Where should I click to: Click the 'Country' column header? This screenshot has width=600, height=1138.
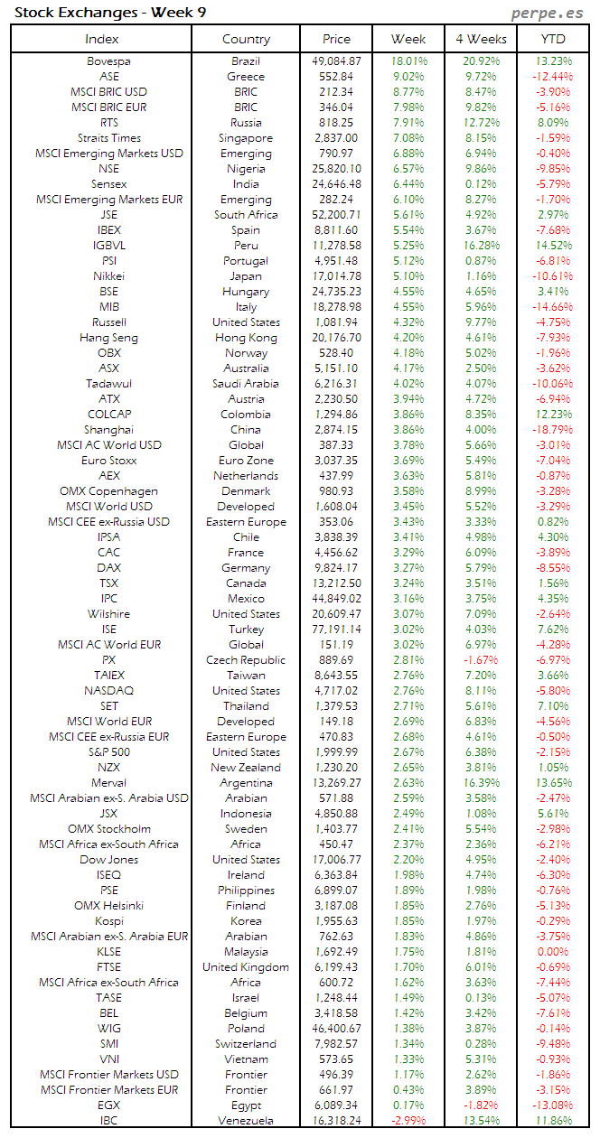pyautogui.click(x=246, y=39)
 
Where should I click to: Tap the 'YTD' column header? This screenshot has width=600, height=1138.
pyautogui.click(x=553, y=39)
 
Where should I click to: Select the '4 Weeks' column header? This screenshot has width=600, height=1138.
pyautogui.click(x=481, y=39)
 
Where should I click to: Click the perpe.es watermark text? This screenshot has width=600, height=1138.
pyautogui.click(x=548, y=13)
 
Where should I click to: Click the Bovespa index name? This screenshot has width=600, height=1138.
pyautogui.click(x=108, y=61)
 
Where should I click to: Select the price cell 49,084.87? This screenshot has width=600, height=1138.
pyautogui.click(x=335, y=61)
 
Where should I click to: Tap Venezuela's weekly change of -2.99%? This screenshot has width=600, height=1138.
pyautogui.click(x=408, y=1121)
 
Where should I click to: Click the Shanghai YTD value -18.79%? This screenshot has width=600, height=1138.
pyautogui.click(x=552, y=430)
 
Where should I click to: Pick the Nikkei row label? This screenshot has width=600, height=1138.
pyautogui.click(x=108, y=276)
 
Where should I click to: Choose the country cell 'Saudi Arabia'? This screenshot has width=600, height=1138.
pyautogui.click(x=246, y=384)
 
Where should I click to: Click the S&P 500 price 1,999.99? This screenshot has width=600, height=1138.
pyautogui.click(x=335, y=752)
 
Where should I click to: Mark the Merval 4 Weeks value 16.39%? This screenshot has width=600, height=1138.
pyautogui.click(x=480, y=783)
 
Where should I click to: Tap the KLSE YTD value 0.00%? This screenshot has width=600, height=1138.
pyautogui.click(x=552, y=952)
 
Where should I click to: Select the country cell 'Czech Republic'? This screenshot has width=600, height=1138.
pyautogui.click(x=246, y=660)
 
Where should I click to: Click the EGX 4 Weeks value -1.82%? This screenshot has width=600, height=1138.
pyautogui.click(x=480, y=1105)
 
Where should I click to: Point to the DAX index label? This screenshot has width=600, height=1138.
pyautogui.click(x=108, y=568)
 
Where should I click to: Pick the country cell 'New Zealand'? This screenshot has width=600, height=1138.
pyautogui.click(x=246, y=768)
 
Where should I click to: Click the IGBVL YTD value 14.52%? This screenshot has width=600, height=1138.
pyautogui.click(x=552, y=246)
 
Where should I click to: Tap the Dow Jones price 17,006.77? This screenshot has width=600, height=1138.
pyautogui.click(x=335, y=860)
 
